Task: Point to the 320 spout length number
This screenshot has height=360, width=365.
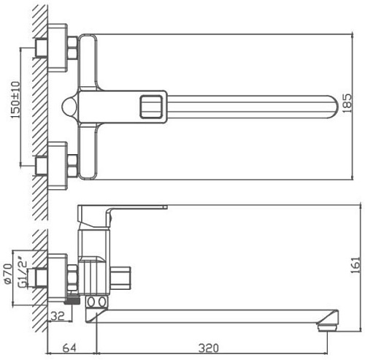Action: click(x=212, y=348)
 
